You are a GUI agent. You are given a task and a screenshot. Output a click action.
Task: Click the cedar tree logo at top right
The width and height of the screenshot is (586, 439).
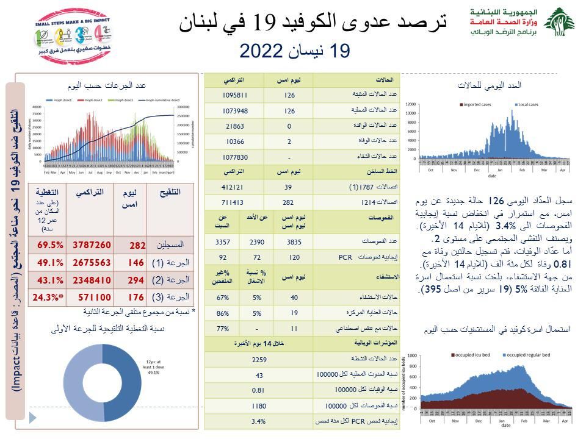click(559, 23)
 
